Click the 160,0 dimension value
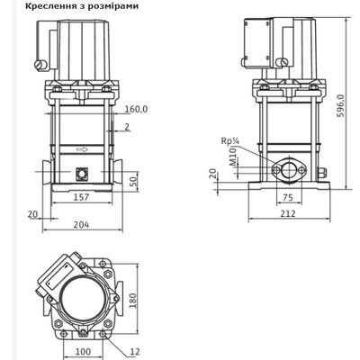pyautogui.click(x=136, y=110)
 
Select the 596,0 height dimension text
pyautogui.click(x=341, y=106)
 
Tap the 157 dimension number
pyautogui.click(x=81, y=197)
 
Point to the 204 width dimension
pyautogui.click(x=81, y=224)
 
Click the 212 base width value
pyautogui.click(x=288, y=213)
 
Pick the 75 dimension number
pyautogui.click(x=288, y=197)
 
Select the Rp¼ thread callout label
pyautogui.click(x=230, y=140)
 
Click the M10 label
pyautogui.click(x=233, y=157)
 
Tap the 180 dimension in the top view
pyautogui.click(x=132, y=301)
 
